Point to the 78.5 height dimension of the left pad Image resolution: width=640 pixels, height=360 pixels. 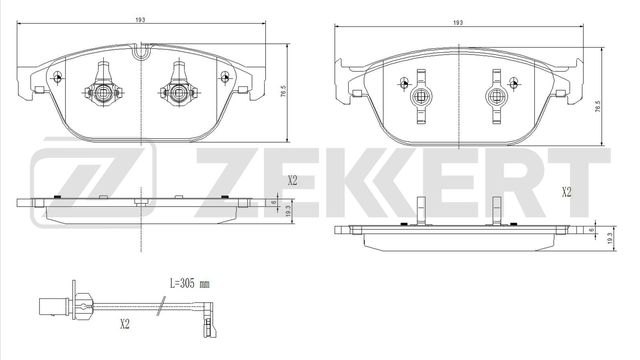[x=284, y=93]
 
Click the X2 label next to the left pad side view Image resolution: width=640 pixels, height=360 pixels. [x=293, y=181]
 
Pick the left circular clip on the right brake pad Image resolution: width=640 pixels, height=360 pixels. [x=421, y=97]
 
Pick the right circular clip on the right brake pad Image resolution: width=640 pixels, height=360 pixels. [x=495, y=97]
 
